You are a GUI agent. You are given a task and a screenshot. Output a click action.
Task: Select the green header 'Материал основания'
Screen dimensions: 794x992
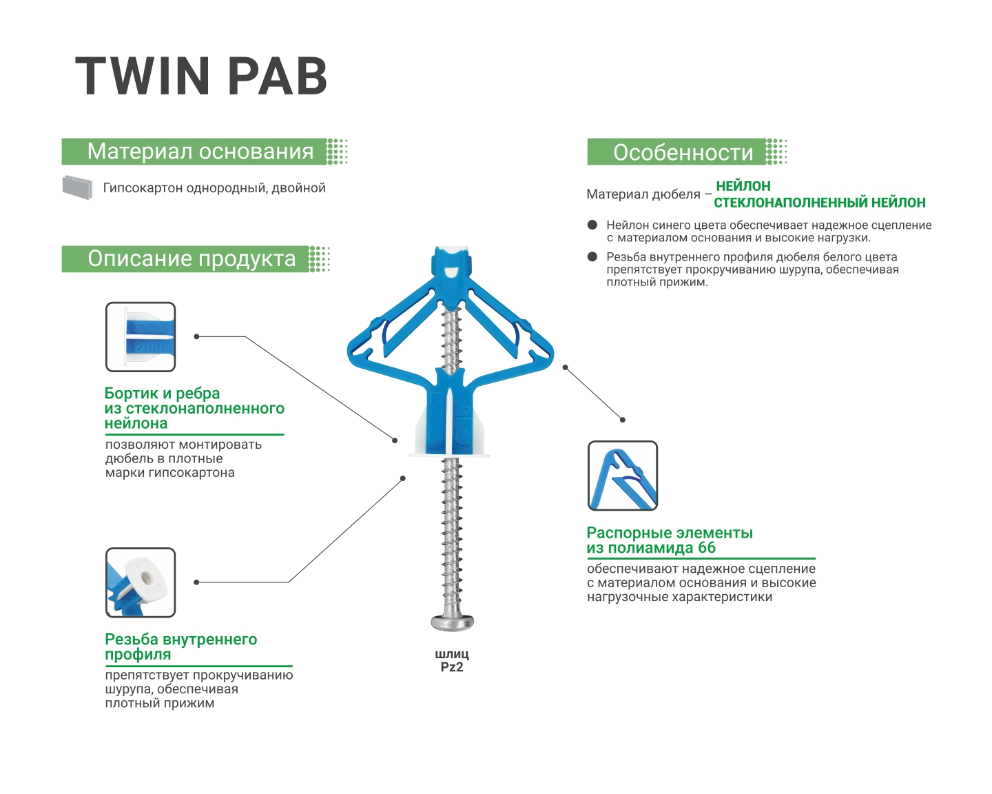[200, 152]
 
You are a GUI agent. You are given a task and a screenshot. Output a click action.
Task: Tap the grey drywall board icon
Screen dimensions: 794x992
[77, 187]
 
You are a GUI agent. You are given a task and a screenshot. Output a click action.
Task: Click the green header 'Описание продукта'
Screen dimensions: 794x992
[192, 259]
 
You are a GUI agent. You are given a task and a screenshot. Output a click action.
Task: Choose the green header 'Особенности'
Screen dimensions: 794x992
[683, 152]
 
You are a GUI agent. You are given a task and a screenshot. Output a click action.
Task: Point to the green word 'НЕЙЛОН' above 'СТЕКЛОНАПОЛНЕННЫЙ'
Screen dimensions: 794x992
[743, 186]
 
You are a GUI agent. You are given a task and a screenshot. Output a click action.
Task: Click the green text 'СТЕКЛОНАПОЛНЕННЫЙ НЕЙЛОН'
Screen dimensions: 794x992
[819, 203]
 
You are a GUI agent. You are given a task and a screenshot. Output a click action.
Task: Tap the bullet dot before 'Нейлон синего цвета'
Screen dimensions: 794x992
[592, 225]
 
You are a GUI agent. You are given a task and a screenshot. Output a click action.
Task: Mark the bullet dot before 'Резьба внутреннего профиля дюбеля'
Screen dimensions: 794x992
[592, 256]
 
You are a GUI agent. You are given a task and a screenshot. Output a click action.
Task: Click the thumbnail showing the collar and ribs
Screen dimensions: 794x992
[141, 337]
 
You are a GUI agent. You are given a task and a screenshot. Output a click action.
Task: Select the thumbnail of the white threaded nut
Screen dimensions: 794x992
[141, 582]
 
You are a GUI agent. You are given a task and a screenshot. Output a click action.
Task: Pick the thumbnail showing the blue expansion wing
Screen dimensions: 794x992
[623, 476]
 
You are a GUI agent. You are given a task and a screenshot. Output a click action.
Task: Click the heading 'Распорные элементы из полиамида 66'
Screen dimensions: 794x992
[669, 540]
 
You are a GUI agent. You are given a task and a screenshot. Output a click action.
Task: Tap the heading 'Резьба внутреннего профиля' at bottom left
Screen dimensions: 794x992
[180, 647]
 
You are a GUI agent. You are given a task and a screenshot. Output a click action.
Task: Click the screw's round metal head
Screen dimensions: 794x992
[452, 622]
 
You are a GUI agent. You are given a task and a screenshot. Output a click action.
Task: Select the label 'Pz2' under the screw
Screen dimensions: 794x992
[452, 667]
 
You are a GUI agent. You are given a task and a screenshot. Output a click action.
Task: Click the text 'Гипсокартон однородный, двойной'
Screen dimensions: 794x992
[214, 188]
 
